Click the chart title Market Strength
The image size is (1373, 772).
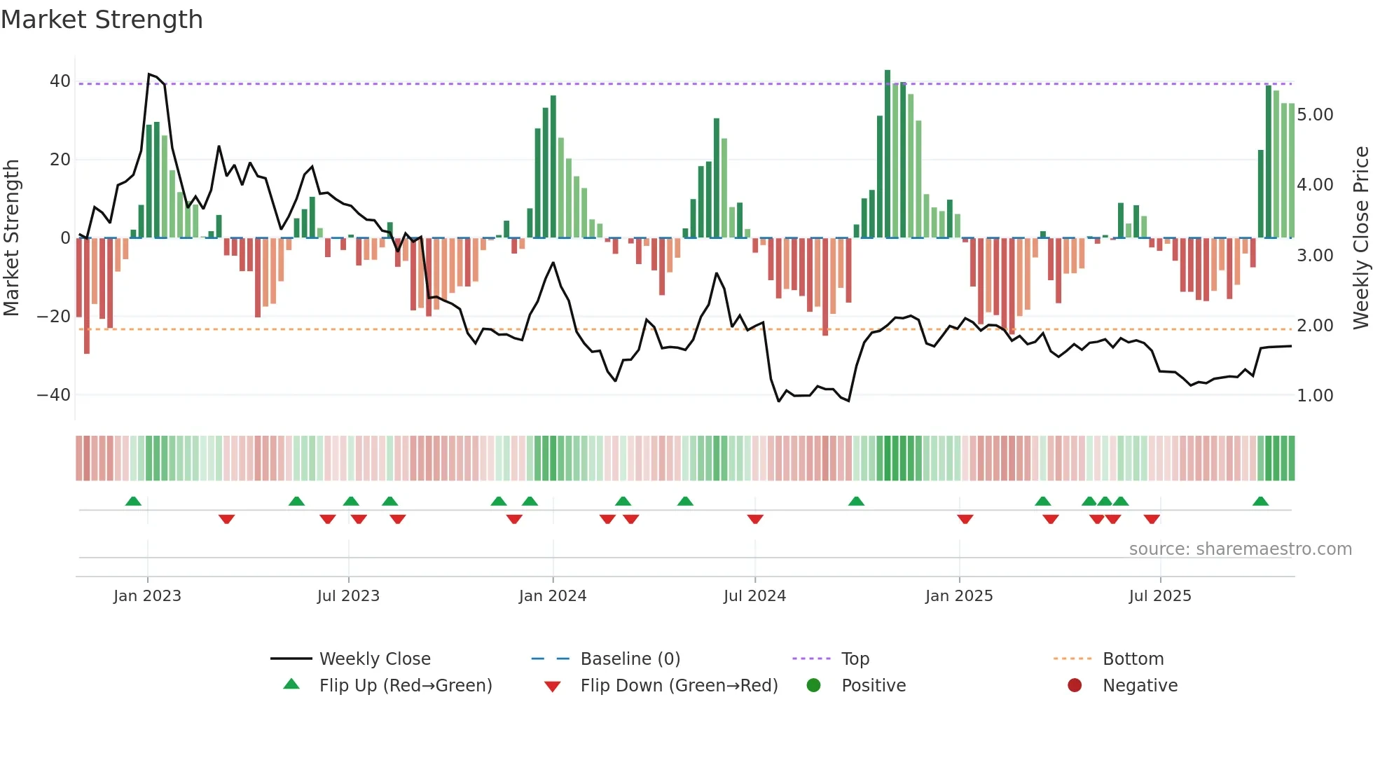click(102, 20)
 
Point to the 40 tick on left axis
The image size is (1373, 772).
click(60, 81)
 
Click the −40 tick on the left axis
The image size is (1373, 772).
click(55, 395)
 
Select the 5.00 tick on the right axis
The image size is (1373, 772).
click(1315, 115)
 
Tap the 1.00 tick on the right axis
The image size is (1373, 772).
click(1315, 396)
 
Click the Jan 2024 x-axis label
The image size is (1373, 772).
click(553, 596)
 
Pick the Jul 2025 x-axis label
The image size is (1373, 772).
click(1160, 596)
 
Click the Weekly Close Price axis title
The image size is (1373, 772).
click(1360, 238)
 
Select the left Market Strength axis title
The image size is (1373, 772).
click(11, 238)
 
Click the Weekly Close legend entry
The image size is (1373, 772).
click(375, 659)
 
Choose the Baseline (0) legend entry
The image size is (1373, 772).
click(630, 659)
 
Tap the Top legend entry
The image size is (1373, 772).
click(855, 659)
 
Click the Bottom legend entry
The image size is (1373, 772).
click(1133, 659)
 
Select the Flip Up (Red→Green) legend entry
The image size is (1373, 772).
click(406, 686)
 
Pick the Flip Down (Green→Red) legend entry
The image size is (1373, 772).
click(679, 686)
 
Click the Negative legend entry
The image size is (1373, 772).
click(1140, 686)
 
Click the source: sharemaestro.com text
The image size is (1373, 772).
click(1240, 549)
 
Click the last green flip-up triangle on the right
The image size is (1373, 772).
click(1260, 502)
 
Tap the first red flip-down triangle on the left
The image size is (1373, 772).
click(226, 518)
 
